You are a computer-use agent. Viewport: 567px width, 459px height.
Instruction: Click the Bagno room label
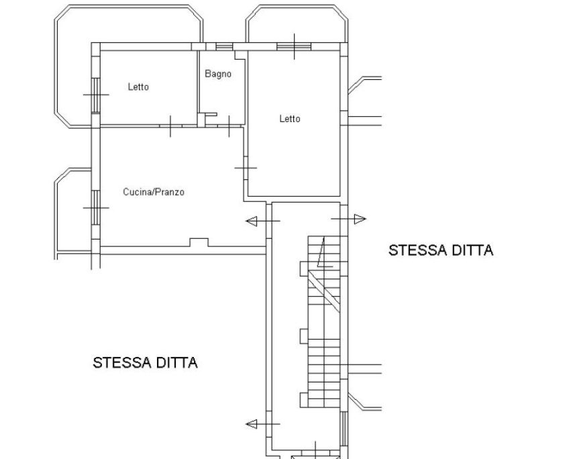218,74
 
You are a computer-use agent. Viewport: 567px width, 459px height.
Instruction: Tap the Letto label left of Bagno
138,87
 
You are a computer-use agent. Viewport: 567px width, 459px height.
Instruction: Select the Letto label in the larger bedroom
290,119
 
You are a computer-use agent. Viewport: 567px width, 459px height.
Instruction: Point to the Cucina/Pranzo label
154,192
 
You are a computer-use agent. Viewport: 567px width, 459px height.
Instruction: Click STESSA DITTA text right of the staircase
441,250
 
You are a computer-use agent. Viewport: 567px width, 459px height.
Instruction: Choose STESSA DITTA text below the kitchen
146,362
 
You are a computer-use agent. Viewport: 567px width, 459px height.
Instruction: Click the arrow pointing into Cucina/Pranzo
263,221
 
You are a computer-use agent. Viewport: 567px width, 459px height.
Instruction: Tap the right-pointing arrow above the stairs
349,219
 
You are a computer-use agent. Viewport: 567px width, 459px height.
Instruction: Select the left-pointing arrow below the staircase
263,424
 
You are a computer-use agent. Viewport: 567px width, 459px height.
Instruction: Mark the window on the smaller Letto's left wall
95,95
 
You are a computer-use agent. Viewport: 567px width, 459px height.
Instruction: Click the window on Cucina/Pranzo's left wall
95,207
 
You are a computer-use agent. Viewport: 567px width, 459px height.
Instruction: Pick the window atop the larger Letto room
294,46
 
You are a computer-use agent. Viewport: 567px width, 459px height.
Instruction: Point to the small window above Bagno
224,47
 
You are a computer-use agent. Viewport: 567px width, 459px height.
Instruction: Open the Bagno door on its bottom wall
229,126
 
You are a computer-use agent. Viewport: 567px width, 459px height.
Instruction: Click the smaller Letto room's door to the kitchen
170,126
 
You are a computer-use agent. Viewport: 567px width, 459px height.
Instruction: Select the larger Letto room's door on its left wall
246,168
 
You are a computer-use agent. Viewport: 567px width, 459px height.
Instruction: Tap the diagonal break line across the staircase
324,291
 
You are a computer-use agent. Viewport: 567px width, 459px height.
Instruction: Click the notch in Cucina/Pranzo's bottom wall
199,242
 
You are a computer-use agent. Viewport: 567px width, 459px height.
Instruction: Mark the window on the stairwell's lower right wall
344,428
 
